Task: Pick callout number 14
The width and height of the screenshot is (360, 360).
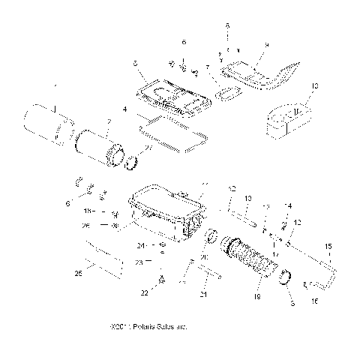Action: tap(288, 206)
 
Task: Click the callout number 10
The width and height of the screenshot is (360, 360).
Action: tap(314, 86)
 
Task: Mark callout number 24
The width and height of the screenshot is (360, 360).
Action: tap(139, 244)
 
